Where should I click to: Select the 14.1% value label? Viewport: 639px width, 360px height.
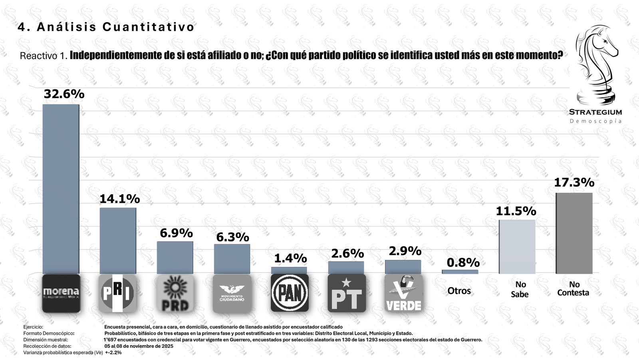point(119,199)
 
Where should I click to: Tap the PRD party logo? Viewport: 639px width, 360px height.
point(175,293)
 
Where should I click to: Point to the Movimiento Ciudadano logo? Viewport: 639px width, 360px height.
point(232,293)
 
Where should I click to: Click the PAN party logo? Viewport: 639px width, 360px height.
point(290,293)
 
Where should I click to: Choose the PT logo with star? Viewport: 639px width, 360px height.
point(347,293)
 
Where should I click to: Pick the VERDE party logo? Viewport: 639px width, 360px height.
point(403,293)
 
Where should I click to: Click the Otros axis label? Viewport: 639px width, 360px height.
point(459,291)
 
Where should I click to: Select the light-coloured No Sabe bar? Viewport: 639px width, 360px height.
point(517,247)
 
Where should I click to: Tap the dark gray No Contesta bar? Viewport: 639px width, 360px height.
point(574,233)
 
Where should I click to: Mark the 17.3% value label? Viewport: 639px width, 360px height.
point(574,182)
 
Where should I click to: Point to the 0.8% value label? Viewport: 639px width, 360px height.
point(463,263)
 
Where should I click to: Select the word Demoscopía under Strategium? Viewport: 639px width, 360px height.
point(595,121)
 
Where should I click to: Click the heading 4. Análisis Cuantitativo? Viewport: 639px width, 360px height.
point(106,27)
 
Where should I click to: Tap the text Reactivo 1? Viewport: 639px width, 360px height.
point(44,55)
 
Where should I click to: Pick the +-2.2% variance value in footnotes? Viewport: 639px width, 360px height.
point(113,352)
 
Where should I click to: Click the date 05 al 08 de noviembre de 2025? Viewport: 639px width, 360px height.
point(139,346)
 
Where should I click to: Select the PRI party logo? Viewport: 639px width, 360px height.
point(117,293)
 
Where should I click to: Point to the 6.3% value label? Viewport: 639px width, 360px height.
point(232,237)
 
